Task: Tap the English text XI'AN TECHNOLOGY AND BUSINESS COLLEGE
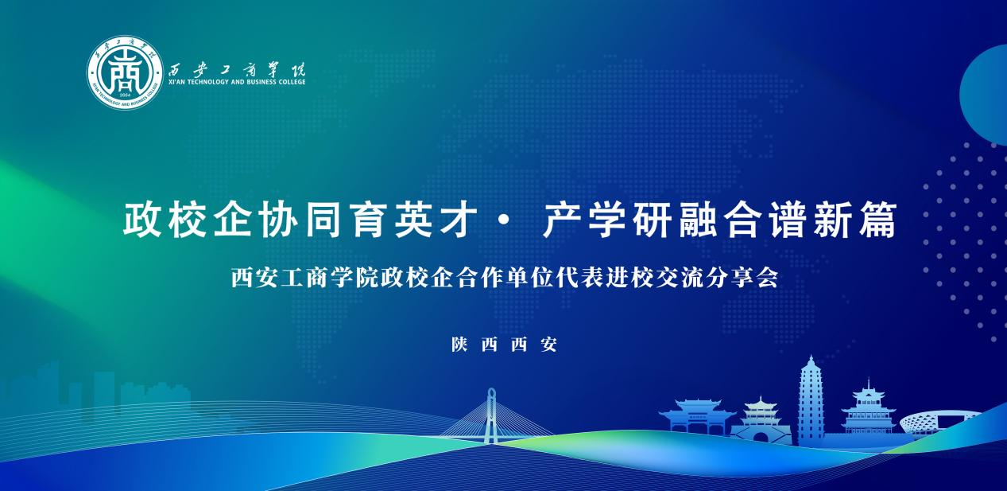click(237, 82)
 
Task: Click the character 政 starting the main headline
click(141, 220)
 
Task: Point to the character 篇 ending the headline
click(877, 220)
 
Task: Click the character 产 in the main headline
click(561, 220)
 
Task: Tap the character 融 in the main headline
click(697, 220)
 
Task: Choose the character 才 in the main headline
click(459, 220)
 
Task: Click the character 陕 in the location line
click(460, 345)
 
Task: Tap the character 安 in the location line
click(549, 345)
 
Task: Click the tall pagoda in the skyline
click(811, 399)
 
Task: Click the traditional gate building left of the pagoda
click(698, 416)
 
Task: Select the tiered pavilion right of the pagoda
click(868, 409)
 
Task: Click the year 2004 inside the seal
click(125, 95)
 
